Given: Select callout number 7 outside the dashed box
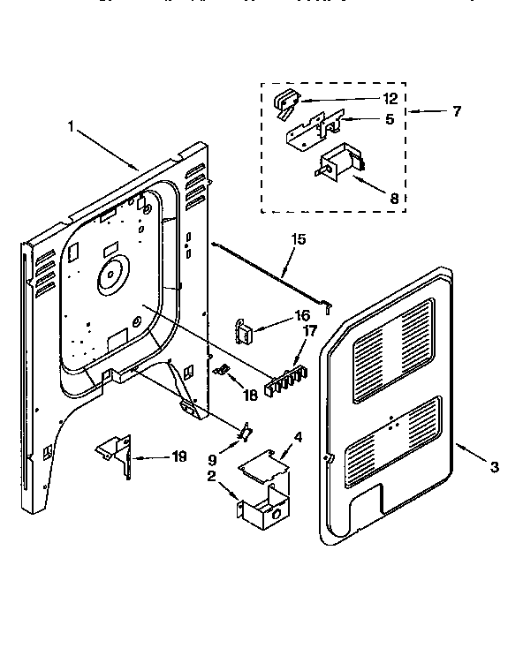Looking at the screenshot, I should click(x=456, y=112).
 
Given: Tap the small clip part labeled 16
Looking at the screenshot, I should click(x=244, y=329).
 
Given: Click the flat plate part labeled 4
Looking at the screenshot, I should click(x=264, y=465).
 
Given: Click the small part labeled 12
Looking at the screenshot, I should click(x=285, y=102).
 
